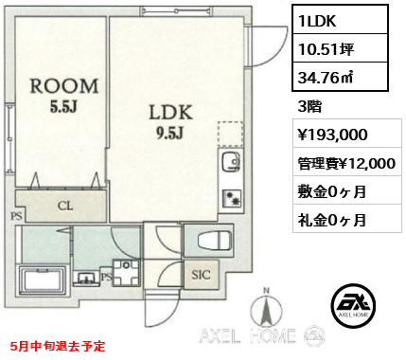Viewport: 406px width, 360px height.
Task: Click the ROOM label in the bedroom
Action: tap(64, 86)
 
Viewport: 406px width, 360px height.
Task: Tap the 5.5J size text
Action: tap(63, 107)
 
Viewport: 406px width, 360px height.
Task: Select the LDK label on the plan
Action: tap(170, 113)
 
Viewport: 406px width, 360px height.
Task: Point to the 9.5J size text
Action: tap(169, 134)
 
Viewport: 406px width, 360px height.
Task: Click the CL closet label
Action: tap(65, 207)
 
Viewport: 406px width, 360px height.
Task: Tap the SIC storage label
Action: tap(201, 275)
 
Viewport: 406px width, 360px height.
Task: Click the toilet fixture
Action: tap(214, 241)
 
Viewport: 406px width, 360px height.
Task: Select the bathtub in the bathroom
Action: tap(43, 280)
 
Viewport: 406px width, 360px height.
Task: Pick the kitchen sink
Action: tap(232, 162)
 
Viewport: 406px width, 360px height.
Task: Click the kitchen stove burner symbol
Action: tap(232, 198)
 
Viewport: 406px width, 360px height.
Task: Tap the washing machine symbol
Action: tap(126, 273)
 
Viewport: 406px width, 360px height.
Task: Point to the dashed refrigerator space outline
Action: tap(230, 134)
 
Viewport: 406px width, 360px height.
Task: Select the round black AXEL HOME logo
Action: tap(354, 305)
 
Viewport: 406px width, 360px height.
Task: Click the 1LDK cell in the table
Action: tap(340, 20)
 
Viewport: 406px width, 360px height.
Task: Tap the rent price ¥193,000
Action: tap(332, 135)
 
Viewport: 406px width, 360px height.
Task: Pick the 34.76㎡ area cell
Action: tap(340, 77)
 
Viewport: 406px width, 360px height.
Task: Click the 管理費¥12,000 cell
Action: tap(346, 163)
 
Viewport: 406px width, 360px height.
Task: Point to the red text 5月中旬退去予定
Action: tap(58, 346)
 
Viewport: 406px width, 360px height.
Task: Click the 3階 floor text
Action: tap(309, 106)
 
